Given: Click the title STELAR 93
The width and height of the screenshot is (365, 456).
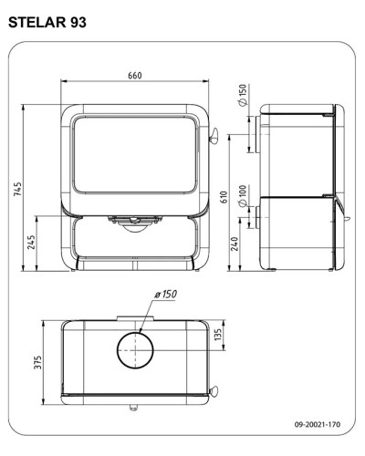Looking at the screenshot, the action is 47,22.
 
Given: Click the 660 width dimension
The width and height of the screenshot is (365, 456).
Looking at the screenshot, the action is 135,75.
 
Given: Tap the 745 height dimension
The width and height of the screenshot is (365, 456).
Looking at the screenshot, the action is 17,189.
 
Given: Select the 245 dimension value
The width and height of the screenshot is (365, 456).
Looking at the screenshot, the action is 31,242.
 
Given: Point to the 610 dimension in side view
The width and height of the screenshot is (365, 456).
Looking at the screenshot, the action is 224,197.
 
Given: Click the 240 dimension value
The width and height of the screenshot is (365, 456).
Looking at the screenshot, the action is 235,244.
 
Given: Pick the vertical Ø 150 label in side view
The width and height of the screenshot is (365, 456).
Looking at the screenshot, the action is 243,95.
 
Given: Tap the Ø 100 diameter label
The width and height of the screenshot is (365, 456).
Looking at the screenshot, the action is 243,196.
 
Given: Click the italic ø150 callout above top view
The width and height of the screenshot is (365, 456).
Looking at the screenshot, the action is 165,294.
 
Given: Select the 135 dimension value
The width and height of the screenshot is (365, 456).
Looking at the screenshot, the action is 218,335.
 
